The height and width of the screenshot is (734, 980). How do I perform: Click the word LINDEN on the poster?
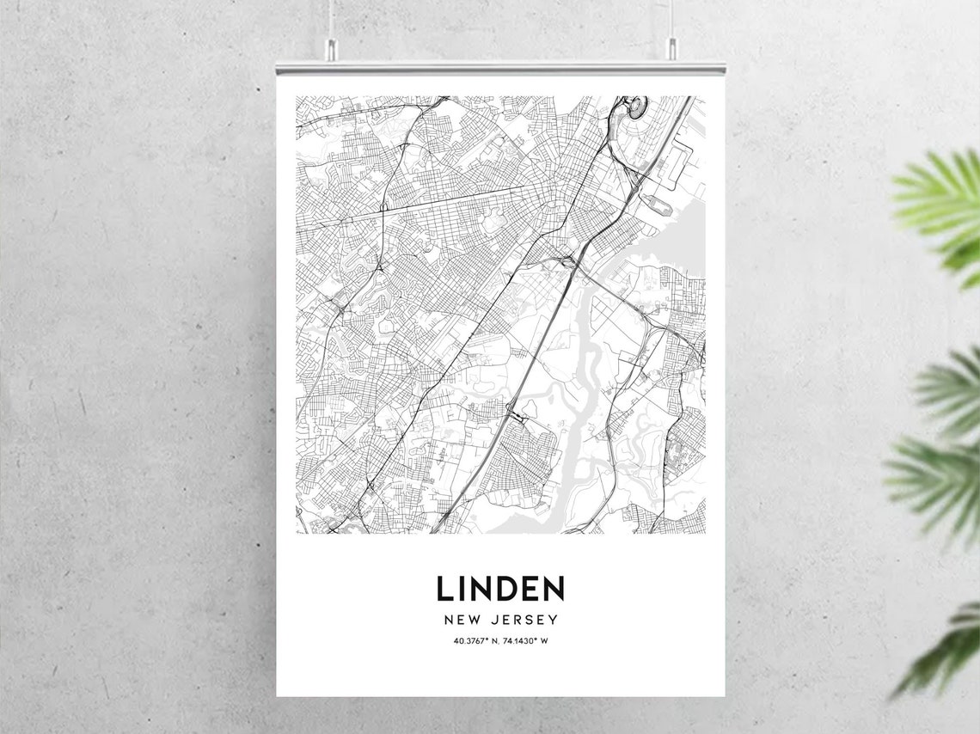pos(499,589)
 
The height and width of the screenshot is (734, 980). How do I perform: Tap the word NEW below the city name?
pos(461,620)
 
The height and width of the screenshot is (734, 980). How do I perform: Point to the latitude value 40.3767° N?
pos(475,641)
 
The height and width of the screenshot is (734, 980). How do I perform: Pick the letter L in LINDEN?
pos(444,589)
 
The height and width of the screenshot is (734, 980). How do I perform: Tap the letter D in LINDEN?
pos(502,589)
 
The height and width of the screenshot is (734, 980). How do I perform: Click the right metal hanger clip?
pos(671,49)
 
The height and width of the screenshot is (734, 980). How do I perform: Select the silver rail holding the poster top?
pos(499,67)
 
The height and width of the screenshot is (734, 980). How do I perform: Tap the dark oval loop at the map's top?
pos(635,107)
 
